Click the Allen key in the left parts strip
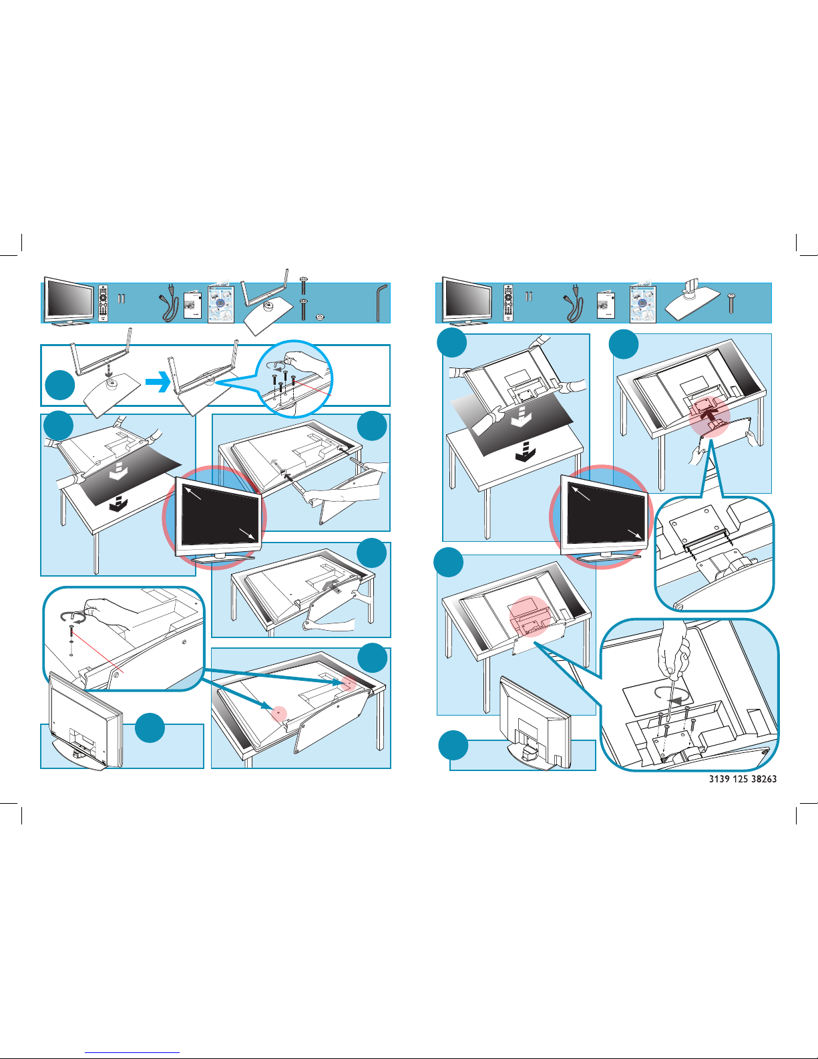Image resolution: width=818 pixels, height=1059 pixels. coord(381,301)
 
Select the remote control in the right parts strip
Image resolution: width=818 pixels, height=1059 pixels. coord(508,303)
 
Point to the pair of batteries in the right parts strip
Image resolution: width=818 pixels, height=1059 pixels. coord(529,296)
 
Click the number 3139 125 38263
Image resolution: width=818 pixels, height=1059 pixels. coord(743,779)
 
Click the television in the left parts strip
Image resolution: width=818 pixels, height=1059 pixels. coord(68,301)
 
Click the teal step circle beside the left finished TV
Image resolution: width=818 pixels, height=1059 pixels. coord(150,728)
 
